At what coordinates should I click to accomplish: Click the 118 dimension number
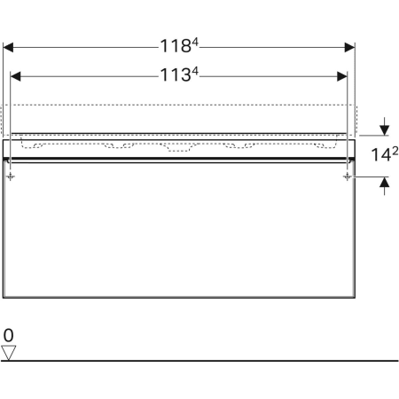tap(176, 46)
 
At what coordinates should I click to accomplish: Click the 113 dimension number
tap(176, 75)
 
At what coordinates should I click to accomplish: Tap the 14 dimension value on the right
tap(381, 154)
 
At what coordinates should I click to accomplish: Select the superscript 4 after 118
tap(195, 43)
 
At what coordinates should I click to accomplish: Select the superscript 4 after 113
tap(195, 71)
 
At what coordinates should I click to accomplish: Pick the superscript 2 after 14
tap(395, 152)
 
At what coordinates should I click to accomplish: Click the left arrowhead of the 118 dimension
tap(8, 47)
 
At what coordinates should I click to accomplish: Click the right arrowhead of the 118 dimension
tap(349, 47)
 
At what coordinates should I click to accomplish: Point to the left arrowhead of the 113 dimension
tap(15, 76)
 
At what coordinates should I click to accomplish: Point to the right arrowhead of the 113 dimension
tap(342, 76)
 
